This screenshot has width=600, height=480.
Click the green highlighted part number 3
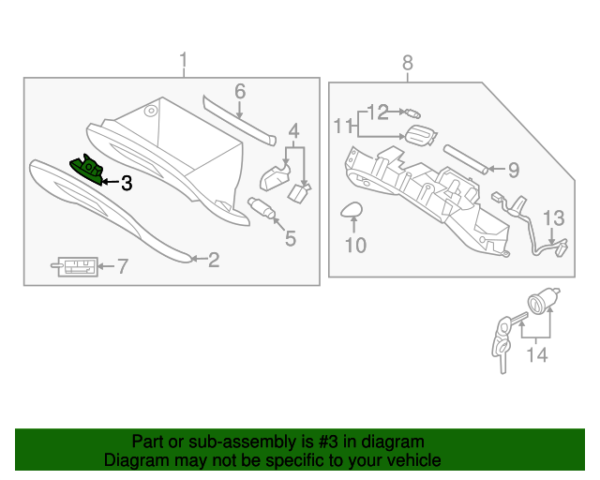tap(88, 168)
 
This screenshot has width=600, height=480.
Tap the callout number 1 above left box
tap(184, 63)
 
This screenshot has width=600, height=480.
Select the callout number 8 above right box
tap(407, 63)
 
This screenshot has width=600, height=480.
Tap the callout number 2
tap(214, 260)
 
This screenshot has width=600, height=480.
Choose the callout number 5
tap(290, 238)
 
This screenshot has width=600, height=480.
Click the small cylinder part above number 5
tap(262, 207)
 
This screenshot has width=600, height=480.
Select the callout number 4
tap(293, 130)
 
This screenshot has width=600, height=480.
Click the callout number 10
tap(356, 246)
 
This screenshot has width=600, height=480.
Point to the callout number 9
tap(513, 170)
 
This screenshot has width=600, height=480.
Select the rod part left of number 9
tap(465, 157)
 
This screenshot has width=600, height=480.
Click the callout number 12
tap(377, 112)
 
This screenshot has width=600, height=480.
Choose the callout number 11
tap(343, 125)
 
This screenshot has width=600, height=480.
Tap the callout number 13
tap(554, 218)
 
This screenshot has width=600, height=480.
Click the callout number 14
tap(535, 354)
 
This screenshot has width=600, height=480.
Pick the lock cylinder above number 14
tap(541, 304)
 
